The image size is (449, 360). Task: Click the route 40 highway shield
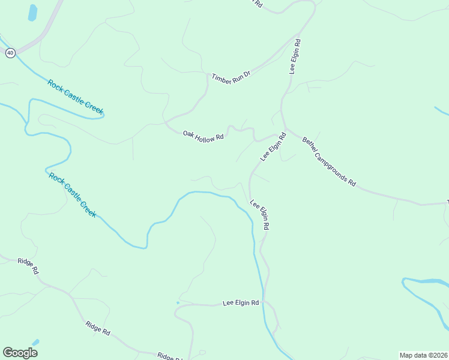point(10,53)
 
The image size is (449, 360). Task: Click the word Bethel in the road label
point(310,145)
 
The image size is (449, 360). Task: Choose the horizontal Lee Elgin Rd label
point(241,304)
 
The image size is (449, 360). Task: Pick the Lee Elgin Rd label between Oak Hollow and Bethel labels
point(273,147)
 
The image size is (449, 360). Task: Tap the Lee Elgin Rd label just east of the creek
point(260,215)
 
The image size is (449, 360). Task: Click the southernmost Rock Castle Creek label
point(71,195)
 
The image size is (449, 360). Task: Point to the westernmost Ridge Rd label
point(28,265)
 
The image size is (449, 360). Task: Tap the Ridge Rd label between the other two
point(98,328)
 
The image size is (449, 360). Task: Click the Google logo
point(20,353)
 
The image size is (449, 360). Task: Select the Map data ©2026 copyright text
point(423,355)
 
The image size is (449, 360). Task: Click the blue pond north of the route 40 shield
point(32,13)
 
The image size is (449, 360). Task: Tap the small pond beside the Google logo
point(35,343)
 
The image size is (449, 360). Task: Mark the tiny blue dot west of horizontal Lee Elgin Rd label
point(178,302)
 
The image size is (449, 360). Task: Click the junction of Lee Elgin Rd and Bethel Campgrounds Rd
point(285,127)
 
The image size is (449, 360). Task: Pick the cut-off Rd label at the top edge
point(258,3)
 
